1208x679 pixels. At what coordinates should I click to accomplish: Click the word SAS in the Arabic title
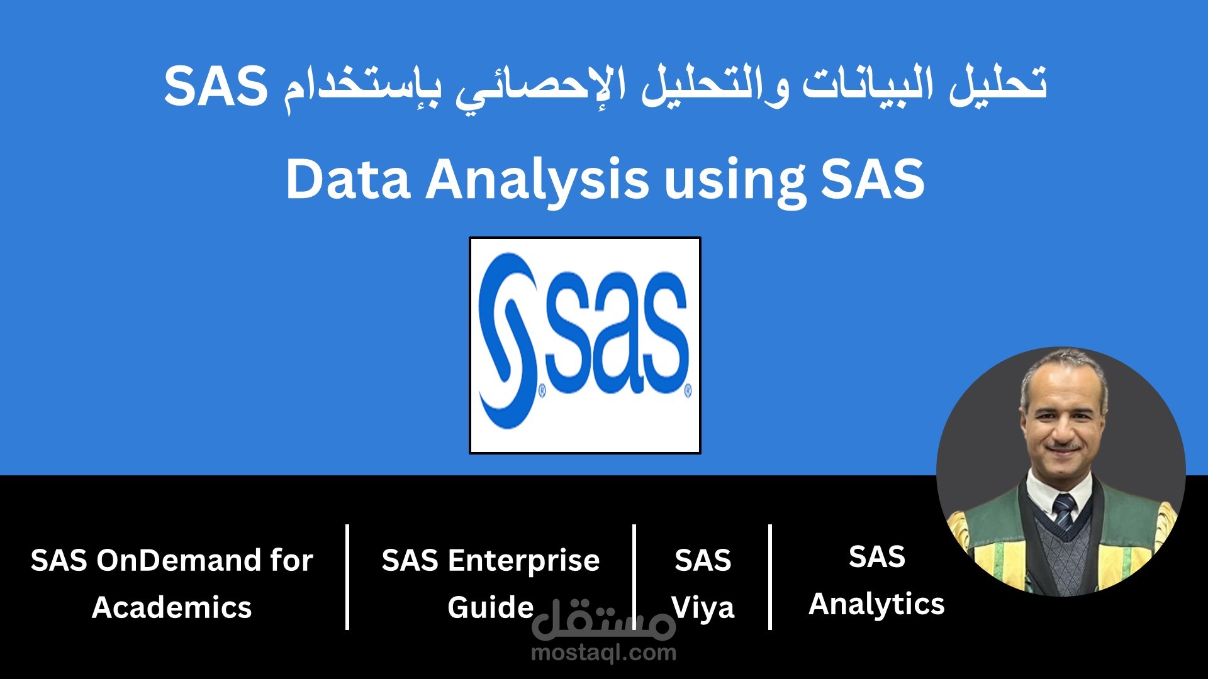[216, 86]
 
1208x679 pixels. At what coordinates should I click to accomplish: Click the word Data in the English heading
[348, 180]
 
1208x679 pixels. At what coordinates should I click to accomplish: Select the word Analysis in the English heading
[537, 181]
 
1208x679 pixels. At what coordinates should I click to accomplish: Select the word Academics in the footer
[172, 608]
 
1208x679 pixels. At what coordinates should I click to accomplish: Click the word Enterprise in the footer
[523, 560]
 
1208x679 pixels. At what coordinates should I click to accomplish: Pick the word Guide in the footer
[490, 608]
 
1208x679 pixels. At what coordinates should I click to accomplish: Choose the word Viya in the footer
[703, 608]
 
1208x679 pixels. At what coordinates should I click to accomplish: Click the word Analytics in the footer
[876, 604]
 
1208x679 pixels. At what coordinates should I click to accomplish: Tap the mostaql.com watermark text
[603, 653]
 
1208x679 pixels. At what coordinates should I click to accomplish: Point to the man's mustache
[1063, 448]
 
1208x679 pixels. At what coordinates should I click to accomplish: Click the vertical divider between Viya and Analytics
[770, 577]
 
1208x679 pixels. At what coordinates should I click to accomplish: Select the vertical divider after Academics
[347, 577]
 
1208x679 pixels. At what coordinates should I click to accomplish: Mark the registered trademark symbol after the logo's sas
[687, 391]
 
